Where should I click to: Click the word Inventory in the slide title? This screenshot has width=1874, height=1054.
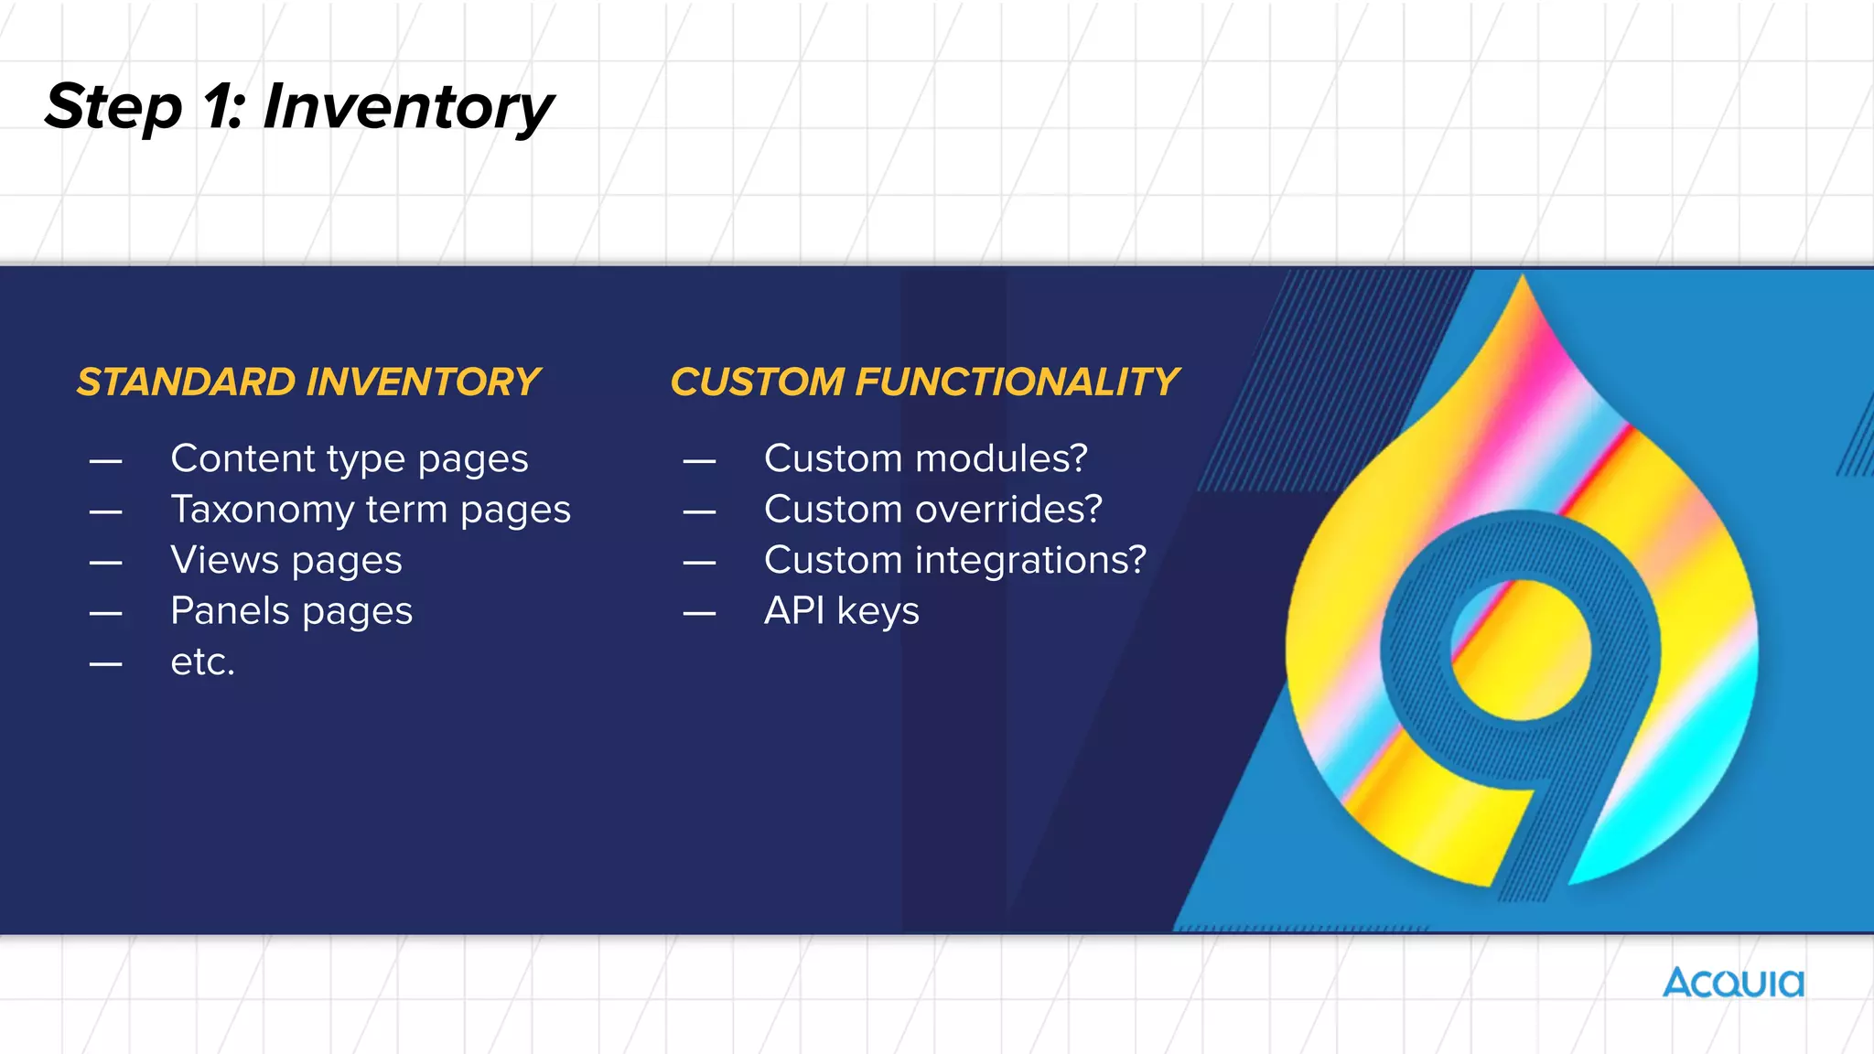point(408,107)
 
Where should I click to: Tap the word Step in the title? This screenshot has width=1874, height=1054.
point(113,107)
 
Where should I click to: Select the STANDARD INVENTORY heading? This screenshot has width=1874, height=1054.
point(308,382)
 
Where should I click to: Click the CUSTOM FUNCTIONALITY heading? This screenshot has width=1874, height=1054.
point(924,382)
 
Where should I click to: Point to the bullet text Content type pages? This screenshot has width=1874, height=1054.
point(350,458)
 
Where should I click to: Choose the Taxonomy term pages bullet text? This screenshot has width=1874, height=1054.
point(371,510)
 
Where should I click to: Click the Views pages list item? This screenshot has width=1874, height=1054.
point(286,560)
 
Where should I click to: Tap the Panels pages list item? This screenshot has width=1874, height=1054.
point(291,611)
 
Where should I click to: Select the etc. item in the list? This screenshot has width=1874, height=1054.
point(202,661)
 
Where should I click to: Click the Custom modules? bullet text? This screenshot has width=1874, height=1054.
point(926,458)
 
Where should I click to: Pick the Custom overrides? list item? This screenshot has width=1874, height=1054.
point(933,510)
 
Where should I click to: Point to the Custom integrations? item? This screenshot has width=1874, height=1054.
point(955,560)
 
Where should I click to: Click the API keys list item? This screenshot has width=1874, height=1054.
point(842,611)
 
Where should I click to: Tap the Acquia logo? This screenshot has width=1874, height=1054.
point(1733,983)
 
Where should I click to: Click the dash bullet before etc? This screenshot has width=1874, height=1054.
point(106,663)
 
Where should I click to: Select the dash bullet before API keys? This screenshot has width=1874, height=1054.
point(699,613)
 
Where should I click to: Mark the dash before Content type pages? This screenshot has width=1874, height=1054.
point(106,460)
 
